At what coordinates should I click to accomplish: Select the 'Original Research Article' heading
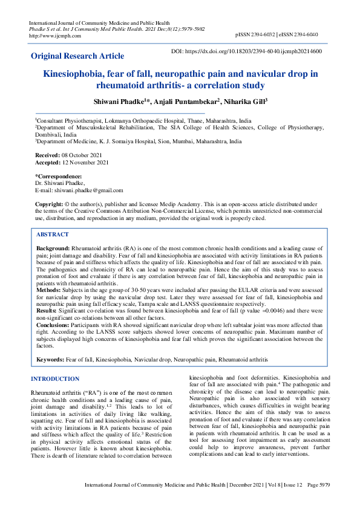click(x=77, y=56)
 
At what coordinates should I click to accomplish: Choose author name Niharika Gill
click(x=244, y=101)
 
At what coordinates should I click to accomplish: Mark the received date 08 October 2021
click(x=83, y=155)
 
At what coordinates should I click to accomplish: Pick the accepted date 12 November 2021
click(x=87, y=162)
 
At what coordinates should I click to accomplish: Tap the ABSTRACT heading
click(x=53, y=235)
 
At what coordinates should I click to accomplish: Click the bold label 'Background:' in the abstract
click(x=53, y=248)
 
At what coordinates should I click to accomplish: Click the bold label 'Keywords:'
click(x=51, y=359)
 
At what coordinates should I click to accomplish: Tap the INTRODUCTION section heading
click(x=55, y=378)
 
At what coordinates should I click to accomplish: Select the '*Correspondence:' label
click(x=60, y=177)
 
